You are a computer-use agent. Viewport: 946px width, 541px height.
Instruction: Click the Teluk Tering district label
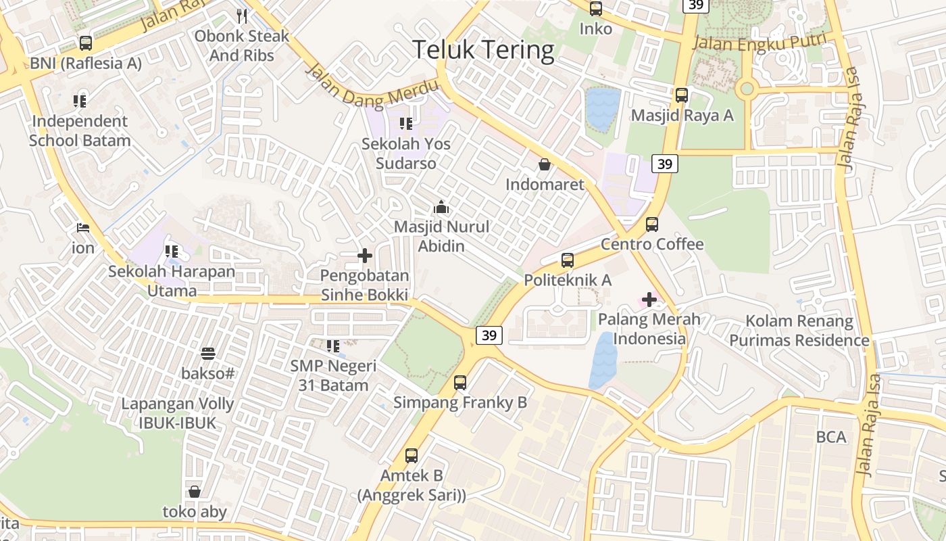[x=482, y=50]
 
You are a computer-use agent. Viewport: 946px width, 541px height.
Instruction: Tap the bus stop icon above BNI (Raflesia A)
[x=86, y=43]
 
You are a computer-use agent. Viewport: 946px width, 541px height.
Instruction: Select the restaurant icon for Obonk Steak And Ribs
[x=242, y=16]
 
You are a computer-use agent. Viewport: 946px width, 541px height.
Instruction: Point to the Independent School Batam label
[x=80, y=131]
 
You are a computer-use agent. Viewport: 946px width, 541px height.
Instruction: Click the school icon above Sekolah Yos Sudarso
[x=405, y=123]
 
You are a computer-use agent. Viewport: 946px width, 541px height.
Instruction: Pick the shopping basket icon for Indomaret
[x=544, y=164]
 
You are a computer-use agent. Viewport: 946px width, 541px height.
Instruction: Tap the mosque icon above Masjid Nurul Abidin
[x=441, y=206]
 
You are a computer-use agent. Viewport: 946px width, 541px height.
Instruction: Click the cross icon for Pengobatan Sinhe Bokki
[x=365, y=256]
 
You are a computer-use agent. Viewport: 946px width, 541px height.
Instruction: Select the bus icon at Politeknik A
[x=568, y=260]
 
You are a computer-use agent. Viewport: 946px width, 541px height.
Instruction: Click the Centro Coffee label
[x=652, y=244]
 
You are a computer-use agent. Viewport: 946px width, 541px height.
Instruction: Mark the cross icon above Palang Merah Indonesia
[x=649, y=299]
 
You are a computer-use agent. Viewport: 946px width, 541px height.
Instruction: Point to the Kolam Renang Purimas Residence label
[x=799, y=331]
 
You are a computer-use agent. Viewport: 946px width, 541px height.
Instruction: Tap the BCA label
[x=831, y=437]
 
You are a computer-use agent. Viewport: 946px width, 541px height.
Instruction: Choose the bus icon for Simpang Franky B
[x=460, y=383]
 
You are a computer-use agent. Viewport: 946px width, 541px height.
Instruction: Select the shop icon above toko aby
[x=195, y=492]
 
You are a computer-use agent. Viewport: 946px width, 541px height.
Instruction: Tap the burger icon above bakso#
[x=208, y=353]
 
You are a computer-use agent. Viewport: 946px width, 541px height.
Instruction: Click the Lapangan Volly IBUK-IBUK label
[x=178, y=413]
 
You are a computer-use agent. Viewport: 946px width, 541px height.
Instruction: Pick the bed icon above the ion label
[x=84, y=227]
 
